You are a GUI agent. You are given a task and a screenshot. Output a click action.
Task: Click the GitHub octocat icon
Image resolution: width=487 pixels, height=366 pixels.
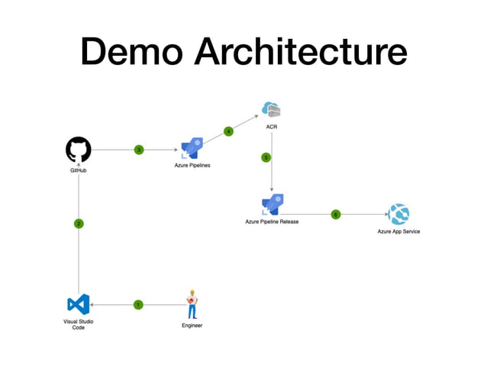coord(79,150)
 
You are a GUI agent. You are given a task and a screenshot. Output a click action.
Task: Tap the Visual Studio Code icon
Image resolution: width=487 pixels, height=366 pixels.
coord(79,304)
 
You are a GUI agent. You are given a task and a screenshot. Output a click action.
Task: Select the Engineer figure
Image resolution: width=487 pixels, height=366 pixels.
coord(192,304)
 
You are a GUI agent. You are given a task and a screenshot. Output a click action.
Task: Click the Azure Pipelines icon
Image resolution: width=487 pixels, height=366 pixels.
coord(190,148)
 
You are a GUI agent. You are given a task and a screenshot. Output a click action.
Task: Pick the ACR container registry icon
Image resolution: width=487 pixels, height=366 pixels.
coord(271,110)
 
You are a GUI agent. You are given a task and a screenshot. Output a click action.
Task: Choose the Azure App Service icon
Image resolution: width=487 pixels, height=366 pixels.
coord(398,214)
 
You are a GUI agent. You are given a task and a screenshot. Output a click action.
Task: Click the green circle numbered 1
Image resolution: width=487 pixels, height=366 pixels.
coord(138,305)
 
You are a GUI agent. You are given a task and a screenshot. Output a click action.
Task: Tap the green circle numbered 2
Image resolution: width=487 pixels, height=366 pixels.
coord(79,224)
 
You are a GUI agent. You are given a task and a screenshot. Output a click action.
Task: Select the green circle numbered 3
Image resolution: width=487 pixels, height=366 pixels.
coord(138,150)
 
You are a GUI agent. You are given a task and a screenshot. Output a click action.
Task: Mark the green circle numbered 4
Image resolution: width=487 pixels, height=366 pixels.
coord(228,131)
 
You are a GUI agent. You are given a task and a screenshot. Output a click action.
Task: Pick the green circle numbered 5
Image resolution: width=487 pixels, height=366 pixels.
coord(266,157)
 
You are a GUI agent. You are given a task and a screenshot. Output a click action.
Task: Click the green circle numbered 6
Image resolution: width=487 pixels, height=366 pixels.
coord(335,215)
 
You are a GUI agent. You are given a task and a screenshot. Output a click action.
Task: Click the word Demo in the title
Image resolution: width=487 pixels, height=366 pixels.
coord(132,52)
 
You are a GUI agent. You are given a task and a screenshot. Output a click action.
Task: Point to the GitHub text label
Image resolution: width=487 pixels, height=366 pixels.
coord(79,170)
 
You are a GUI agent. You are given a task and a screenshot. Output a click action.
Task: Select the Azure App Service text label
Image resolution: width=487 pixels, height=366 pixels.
coord(398,232)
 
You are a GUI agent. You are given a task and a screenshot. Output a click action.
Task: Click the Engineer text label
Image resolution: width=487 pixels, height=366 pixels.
coord(192,326)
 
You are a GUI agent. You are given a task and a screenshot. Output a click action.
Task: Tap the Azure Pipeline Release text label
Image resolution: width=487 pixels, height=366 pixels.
coord(272,222)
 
